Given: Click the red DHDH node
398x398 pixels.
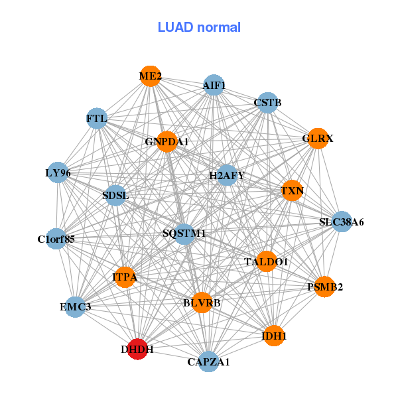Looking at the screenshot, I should coord(137,348).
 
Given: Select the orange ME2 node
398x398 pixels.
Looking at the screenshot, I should coord(151,76).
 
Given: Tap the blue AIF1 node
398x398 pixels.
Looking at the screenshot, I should coord(214,85).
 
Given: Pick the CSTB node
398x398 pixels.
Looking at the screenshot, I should coord(267,103).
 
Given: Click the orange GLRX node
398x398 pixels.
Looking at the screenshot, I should coord(318,139).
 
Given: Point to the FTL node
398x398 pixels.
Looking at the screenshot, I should coord(97,119).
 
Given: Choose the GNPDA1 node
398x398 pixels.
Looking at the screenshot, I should coord(166,141).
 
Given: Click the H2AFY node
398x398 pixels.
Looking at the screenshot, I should coord(227,175).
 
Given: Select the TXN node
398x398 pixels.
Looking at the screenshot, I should coord(292,191).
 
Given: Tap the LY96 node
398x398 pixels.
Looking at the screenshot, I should coord(58,173).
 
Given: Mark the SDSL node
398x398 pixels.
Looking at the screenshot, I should coord(116,196).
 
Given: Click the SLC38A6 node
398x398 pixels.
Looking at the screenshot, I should coord(341,222).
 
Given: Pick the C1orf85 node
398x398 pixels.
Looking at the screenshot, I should coord(56,238).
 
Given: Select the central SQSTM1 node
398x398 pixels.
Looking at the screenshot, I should coord(184,233).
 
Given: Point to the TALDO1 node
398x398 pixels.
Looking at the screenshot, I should coord(266,261).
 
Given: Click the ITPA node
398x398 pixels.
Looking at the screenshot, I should coord(125,277).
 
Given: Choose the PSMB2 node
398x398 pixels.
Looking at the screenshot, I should coord(324,287).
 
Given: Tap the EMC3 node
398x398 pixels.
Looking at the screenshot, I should coord(75,306).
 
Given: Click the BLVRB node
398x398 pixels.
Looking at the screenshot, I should coord(202,302).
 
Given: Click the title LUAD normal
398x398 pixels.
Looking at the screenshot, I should coord(199,27).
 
